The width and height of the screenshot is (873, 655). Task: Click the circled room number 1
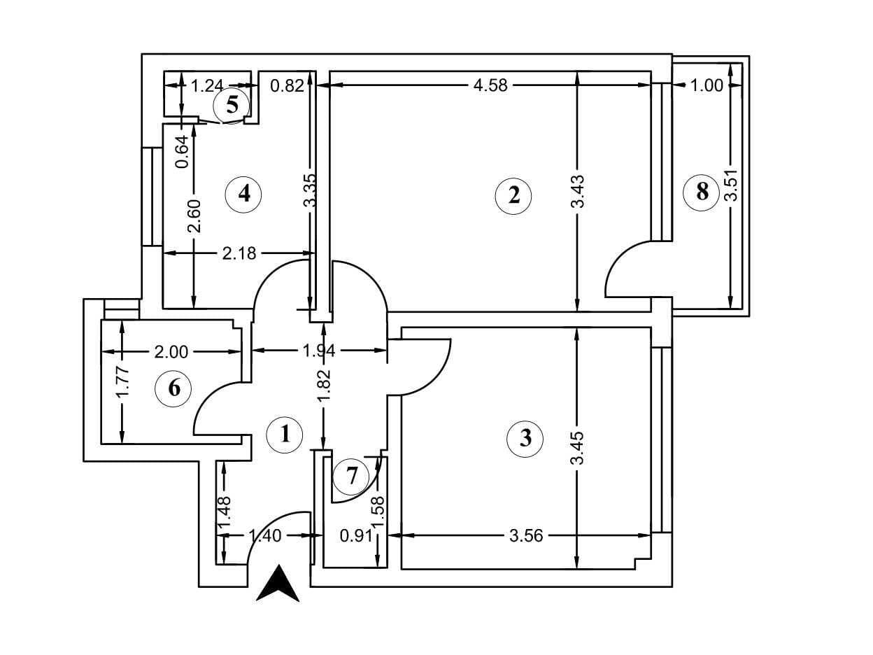pyautogui.click(x=285, y=435)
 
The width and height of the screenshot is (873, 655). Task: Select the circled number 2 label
pyautogui.click(x=513, y=195)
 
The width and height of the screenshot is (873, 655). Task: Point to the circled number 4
pyautogui.click(x=243, y=193)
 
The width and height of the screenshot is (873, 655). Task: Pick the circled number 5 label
pyautogui.click(x=232, y=105)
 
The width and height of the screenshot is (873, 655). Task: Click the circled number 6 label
pyautogui.click(x=174, y=387)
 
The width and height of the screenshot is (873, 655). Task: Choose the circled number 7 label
pyautogui.click(x=351, y=477)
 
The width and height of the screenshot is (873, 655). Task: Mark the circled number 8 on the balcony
pyautogui.click(x=702, y=190)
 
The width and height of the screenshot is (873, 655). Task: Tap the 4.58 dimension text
pyautogui.click(x=490, y=85)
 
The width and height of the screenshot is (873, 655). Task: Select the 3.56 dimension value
pyautogui.click(x=525, y=536)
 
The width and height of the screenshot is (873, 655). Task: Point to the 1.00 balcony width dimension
pyautogui.click(x=707, y=85)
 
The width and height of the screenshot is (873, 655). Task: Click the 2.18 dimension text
pyautogui.click(x=239, y=253)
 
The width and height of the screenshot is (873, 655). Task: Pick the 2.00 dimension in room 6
pyautogui.click(x=171, y=351)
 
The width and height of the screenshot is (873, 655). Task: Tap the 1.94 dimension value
pyautogui.click(x=319, y=350)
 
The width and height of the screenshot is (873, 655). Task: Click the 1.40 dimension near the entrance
pyautogui.click(x=265, y=536)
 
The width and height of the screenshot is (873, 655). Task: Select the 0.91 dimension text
pyautogui.click(x=355, y=536)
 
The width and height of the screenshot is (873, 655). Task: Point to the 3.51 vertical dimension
pyautogui.click(x=732, y=185)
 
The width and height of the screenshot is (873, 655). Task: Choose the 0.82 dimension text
pyautogui.click(x=287, y=85)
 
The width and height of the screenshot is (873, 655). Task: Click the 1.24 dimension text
pyautogui.click(x=207, y=85)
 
